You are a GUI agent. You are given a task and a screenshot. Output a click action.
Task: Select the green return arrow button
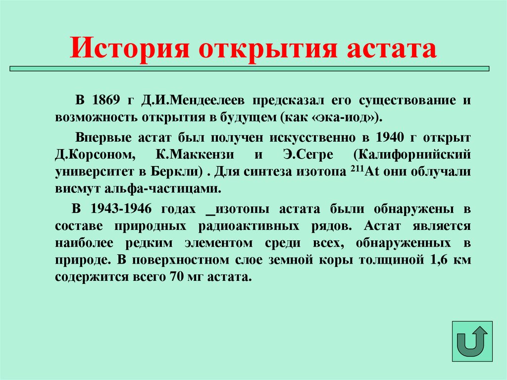coord(472,341)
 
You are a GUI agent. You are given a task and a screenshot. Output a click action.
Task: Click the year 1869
coord(105,101)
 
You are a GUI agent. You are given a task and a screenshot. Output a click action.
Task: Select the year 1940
coord(390,137)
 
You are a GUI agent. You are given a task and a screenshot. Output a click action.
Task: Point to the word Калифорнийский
coord(411,155)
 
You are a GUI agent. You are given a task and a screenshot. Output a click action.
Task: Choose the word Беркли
coord(178,172)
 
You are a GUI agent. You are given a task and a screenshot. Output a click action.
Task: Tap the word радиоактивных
coord(260,226)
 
